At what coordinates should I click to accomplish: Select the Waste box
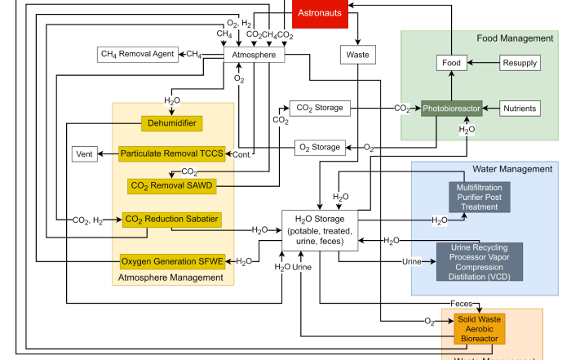click(357, 55)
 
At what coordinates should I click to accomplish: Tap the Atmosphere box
click(255, 55)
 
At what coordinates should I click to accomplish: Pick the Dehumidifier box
click(173, 123)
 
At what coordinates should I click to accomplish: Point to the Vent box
click(85, 153)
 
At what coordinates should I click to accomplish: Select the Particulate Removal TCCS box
click(171, 153)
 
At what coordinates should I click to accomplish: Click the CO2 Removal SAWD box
click(171, 186)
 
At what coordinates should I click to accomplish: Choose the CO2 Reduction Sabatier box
click(171, 219)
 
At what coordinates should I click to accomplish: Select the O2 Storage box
click(317, 147)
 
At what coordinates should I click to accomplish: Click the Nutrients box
click(520, 108)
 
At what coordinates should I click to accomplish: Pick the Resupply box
click(520, 62)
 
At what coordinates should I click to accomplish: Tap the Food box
click(451, 62)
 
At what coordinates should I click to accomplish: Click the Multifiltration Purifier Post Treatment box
click(479, 197)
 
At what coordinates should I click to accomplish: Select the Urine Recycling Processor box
click(480, 261)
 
